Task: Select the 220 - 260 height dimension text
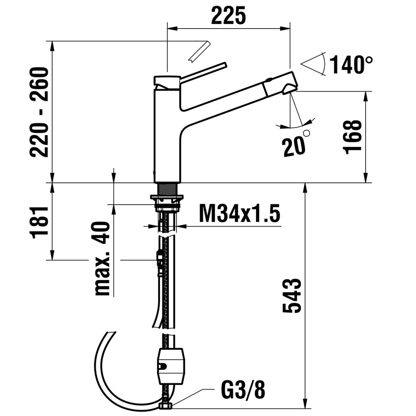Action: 40,112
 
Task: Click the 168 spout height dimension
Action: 352,137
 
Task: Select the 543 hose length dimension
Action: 292,295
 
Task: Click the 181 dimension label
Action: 40,222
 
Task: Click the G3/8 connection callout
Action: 243,390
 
